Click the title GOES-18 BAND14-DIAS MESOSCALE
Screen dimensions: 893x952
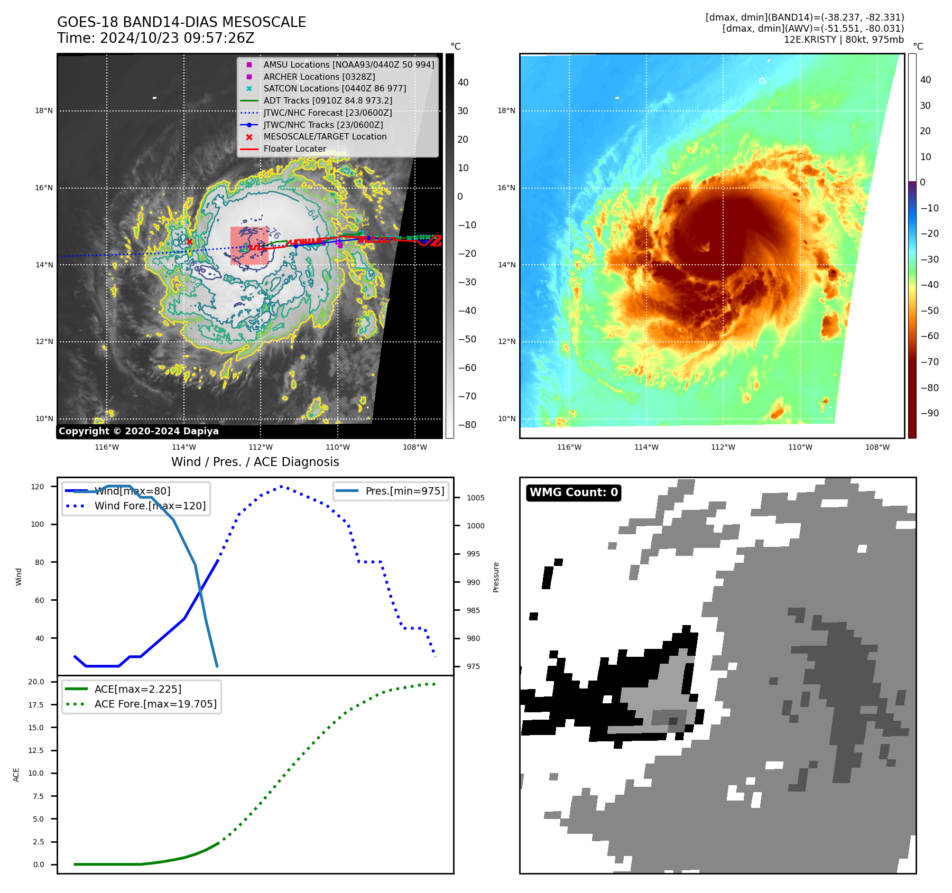(x=181, y=22)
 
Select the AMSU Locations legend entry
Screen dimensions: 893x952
(x=348, y=64)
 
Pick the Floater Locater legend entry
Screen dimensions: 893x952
(x=294, y=149)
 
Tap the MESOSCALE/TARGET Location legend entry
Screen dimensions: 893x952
(x=325, y=137)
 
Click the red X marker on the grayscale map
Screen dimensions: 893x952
(x=189, y=242)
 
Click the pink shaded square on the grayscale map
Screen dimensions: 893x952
(x=249, y=246)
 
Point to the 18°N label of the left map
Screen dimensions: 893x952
(x=44, y=111)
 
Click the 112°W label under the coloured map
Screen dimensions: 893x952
(x=723, y=447)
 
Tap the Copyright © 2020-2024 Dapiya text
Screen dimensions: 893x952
(x=138, y=431)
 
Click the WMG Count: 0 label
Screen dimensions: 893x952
(x=574, y=492)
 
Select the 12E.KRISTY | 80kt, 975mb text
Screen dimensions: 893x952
(x=844, y=40)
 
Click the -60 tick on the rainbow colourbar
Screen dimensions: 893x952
(x=929, y=336)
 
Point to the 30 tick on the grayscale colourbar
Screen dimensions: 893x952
(x=463, y=111)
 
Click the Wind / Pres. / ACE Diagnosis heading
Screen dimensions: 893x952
(x=255, y=462)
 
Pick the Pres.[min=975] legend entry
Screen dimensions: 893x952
(x=404, y=491)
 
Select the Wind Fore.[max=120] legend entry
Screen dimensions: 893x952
(x=150, y=506)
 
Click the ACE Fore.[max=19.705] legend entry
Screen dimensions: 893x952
(x=155, y=704)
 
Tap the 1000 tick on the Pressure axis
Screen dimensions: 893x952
(x=475, y=526)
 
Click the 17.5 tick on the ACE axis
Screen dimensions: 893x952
(x=36, y=705)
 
